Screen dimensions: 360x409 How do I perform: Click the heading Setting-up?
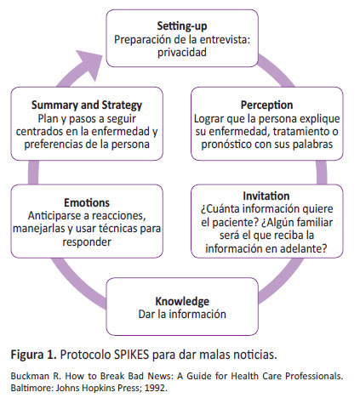coord(182,26)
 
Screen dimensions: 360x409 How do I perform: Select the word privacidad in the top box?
coord(182,53)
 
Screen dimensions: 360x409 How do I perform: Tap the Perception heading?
coord(266,105)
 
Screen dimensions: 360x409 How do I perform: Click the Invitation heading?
coord(266,196)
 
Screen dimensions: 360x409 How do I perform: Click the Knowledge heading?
coord(182,301)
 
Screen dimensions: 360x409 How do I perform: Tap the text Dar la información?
coord(182,315)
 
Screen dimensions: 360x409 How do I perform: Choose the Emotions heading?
coord(87,202)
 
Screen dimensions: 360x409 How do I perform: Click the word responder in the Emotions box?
coord(87,242)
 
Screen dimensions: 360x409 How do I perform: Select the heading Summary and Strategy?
coord(87,105)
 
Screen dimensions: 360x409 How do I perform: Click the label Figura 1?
coord(34,355)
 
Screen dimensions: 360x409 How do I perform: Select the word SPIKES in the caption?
coord(131,355)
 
